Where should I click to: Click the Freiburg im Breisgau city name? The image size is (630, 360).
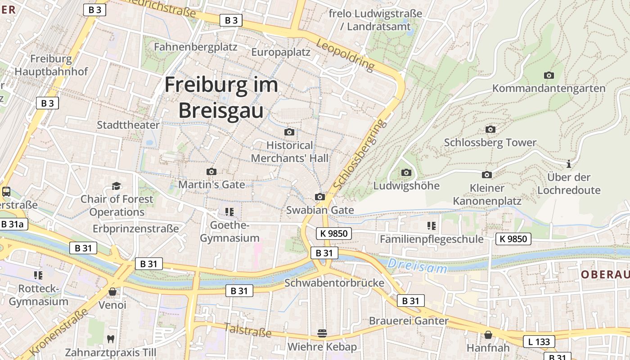click(x=221, y=98)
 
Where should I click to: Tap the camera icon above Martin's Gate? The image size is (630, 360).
click(x=211, y=171)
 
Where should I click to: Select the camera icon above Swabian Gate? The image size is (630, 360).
click(x=319, y=197)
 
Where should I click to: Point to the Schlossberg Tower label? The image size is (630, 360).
click(x=490, y=143)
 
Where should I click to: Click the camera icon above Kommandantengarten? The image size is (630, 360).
click(x=549, y=75)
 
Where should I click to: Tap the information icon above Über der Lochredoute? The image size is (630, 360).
click(x=569, y=164)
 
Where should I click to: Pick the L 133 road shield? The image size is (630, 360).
click(x=539, y=342)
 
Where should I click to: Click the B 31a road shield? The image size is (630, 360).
click(x=12, y=224)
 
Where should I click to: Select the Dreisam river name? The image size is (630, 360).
click(x=418, y=265)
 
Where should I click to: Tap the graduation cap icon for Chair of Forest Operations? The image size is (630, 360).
click(x=117, y=186)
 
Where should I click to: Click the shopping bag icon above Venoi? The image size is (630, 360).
click(x=112, y=292)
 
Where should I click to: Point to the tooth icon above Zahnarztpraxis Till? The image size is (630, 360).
click(x=110, y=338)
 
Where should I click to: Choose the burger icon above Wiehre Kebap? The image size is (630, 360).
click(x=322, y=333)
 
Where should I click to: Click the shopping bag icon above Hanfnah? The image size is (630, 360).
click(x=488, y=335)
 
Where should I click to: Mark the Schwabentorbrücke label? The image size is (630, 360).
click(x=334, y=283)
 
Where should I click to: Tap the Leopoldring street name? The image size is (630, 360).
click(x=345, y=55)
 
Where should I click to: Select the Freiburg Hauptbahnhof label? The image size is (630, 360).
click(x=51, y=65)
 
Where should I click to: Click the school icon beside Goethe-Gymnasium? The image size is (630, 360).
click(x=229, y=211)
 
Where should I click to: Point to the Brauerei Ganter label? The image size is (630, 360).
click(x=409, y=321)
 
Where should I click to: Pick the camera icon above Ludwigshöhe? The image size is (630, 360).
click(x=406, y=172)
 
